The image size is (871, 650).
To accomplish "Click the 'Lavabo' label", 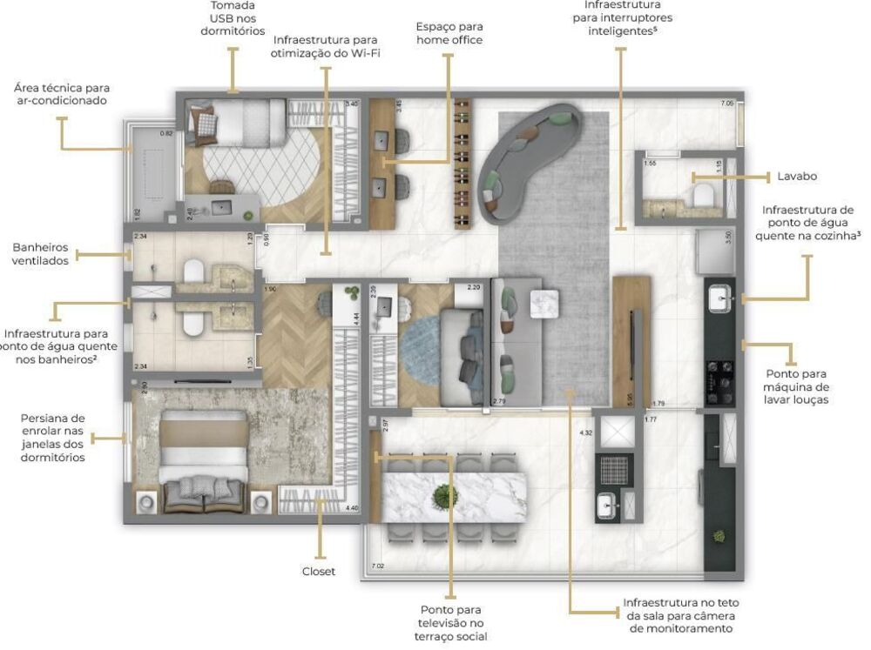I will (x=797, y=177).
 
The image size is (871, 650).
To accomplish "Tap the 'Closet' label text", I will (x=319, y=572).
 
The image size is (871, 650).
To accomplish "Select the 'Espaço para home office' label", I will (x=449, y=33).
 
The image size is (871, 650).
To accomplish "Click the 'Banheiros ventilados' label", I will (x=40, y=254).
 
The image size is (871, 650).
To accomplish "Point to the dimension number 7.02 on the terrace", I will (x=377, y=566).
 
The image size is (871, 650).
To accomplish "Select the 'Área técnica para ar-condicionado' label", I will (x=61, y=94).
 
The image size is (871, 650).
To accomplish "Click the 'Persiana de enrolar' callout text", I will (x=52, y=438).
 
